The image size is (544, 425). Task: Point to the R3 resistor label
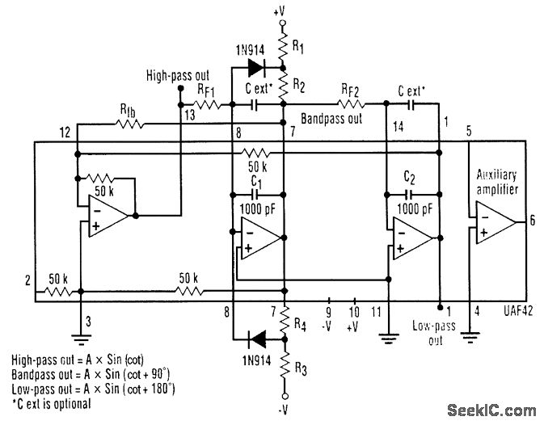point(301,369)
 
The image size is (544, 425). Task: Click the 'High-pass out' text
point(179,75)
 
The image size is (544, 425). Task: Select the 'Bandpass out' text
point(331,119)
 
